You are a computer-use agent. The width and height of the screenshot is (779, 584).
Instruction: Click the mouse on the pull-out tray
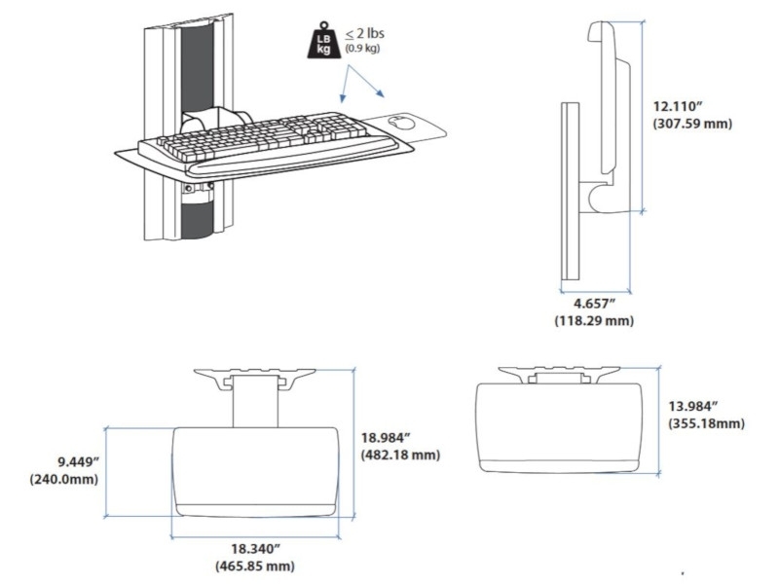pos(399,123)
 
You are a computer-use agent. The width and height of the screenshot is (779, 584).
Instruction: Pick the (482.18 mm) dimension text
pos(400,455)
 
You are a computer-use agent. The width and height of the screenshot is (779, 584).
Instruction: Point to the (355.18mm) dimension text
pos(707,423)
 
